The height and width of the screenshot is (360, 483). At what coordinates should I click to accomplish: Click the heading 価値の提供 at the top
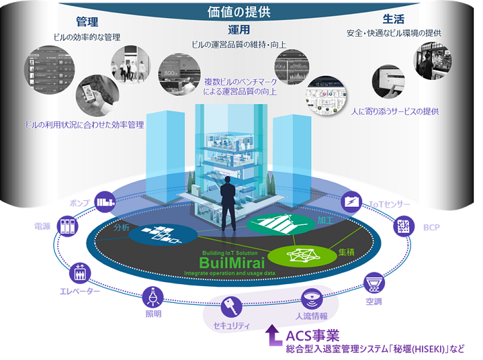coord(241,12)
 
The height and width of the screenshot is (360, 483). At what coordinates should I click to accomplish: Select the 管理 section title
coord(87,21)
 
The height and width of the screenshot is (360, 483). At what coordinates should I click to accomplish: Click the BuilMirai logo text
coord(229,263)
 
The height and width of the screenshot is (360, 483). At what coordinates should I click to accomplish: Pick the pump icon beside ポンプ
coord(105,201)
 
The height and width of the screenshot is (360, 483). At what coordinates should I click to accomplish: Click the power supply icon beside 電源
coord(66,225)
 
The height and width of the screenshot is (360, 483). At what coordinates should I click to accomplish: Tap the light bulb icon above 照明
coord(152,297)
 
